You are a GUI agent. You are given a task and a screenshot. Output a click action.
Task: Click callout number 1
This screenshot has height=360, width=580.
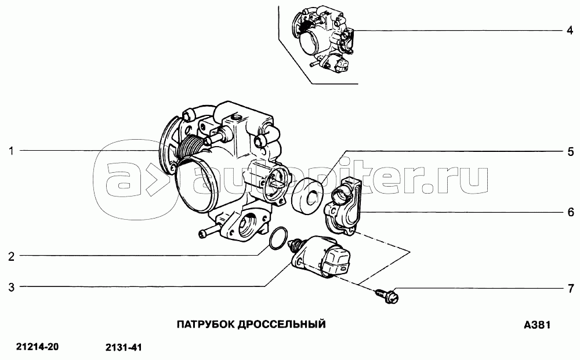(12, 151)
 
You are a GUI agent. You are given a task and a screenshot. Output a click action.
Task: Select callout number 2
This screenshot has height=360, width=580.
(12, 256)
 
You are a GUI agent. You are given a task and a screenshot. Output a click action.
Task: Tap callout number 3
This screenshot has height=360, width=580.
(12, 287)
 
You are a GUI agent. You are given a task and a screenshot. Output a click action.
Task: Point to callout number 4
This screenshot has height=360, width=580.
(570, 30)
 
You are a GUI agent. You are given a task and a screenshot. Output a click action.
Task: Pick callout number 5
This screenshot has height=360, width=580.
(570, 151)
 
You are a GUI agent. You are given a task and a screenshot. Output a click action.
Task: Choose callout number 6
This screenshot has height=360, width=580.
(571, 212)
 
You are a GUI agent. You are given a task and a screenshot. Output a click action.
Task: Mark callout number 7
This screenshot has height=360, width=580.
(571, 288)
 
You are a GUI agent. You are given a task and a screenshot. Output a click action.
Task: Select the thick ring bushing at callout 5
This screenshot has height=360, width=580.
(308, 197)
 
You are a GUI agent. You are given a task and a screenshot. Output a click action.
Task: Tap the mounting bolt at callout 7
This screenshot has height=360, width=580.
(386, 296)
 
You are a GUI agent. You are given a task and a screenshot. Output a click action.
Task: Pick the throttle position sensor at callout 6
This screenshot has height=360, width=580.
(342, 206)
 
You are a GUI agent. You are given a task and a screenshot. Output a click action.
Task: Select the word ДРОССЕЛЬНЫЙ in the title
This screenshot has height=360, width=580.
(281, 325)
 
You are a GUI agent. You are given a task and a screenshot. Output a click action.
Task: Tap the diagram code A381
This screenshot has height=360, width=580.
(537, 325)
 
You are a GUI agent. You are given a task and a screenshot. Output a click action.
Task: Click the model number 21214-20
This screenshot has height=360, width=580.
(37, 347)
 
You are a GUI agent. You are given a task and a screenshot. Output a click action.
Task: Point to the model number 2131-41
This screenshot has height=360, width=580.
(124, 347)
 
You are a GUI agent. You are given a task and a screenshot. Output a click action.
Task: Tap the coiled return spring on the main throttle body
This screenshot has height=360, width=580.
(190, 148)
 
